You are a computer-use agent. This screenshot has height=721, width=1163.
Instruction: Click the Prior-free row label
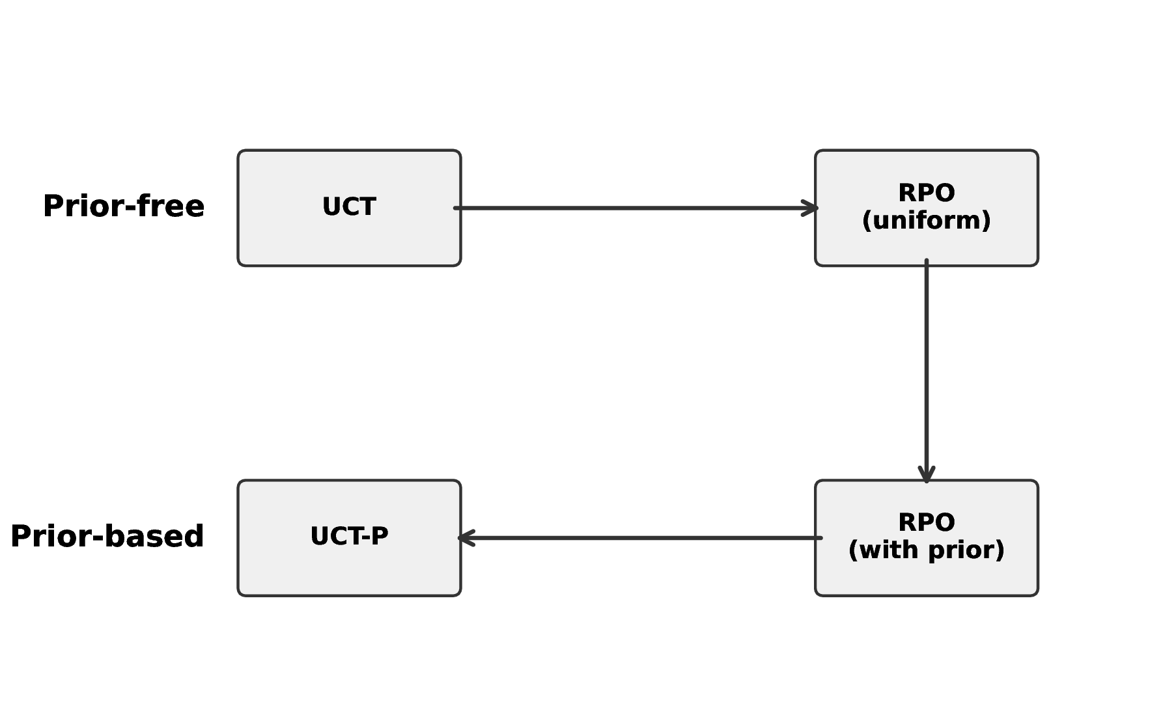123,206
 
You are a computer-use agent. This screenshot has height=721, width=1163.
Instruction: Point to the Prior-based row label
107,537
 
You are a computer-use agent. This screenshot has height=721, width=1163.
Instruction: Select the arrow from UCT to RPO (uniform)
635,208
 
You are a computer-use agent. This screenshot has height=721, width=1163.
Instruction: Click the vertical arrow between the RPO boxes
926,371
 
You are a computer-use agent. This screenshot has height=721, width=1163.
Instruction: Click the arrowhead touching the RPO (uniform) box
811,208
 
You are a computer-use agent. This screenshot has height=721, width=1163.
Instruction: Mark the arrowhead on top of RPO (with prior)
926,475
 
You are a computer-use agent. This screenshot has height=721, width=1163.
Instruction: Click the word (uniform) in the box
926,221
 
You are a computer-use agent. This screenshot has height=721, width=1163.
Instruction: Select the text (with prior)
926,550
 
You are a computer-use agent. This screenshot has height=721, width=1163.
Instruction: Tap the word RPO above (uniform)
926,193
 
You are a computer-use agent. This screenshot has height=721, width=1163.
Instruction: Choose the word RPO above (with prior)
926,522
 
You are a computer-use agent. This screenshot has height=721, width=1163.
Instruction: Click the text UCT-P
349,537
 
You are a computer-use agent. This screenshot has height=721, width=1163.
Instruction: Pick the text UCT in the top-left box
349,207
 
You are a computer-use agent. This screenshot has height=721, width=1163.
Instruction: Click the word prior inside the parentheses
962,551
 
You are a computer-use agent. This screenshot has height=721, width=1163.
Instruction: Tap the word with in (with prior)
890,550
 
